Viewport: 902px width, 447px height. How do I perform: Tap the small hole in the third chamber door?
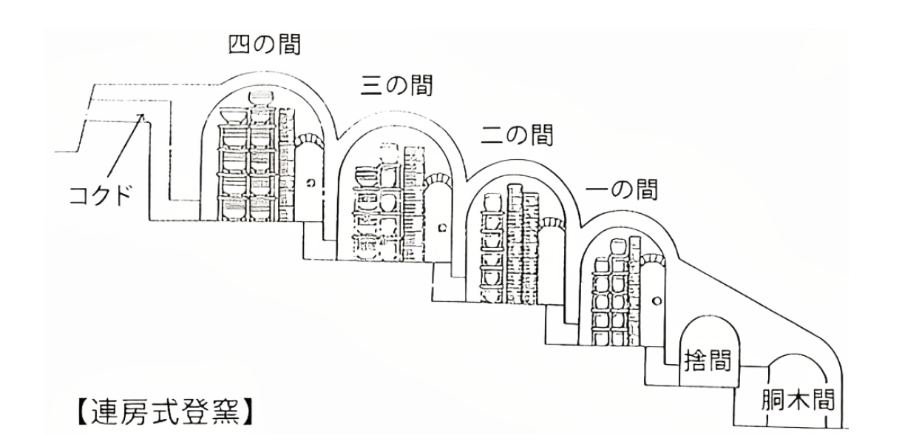[441, 231]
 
